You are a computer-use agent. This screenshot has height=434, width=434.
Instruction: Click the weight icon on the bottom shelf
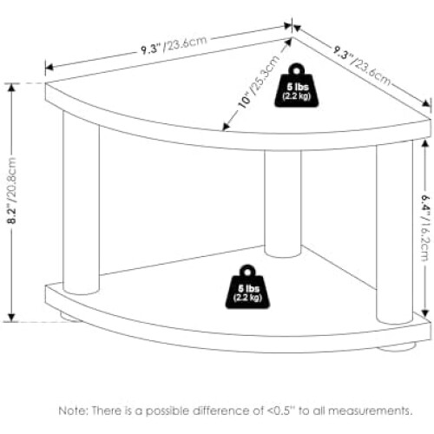point(247,286)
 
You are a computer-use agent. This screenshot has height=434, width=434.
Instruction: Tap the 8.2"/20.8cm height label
point(12,191)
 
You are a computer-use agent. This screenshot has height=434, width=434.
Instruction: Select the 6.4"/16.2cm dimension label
point(425,227)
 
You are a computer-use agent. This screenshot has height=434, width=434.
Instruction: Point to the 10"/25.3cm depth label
point(259,82)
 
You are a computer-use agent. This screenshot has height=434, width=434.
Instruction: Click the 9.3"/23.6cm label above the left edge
point(174,45)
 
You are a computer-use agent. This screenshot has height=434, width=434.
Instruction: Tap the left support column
point(81,202)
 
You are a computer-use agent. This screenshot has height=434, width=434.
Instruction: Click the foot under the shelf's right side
point(397,346)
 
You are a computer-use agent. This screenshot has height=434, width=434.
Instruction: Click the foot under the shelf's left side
point(70,316)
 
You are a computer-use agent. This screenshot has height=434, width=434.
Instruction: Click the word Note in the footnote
point(72,411)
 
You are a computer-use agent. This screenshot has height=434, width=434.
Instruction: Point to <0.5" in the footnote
point(280,411)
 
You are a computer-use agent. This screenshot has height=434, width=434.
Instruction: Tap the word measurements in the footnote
point(370,411)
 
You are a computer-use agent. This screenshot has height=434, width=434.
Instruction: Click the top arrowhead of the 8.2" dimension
point(11,87)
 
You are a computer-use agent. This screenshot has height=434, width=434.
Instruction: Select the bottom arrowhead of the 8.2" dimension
point(11,318)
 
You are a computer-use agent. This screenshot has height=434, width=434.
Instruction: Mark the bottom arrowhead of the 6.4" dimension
point(424,312)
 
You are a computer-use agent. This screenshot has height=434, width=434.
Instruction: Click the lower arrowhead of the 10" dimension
point(226,127)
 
